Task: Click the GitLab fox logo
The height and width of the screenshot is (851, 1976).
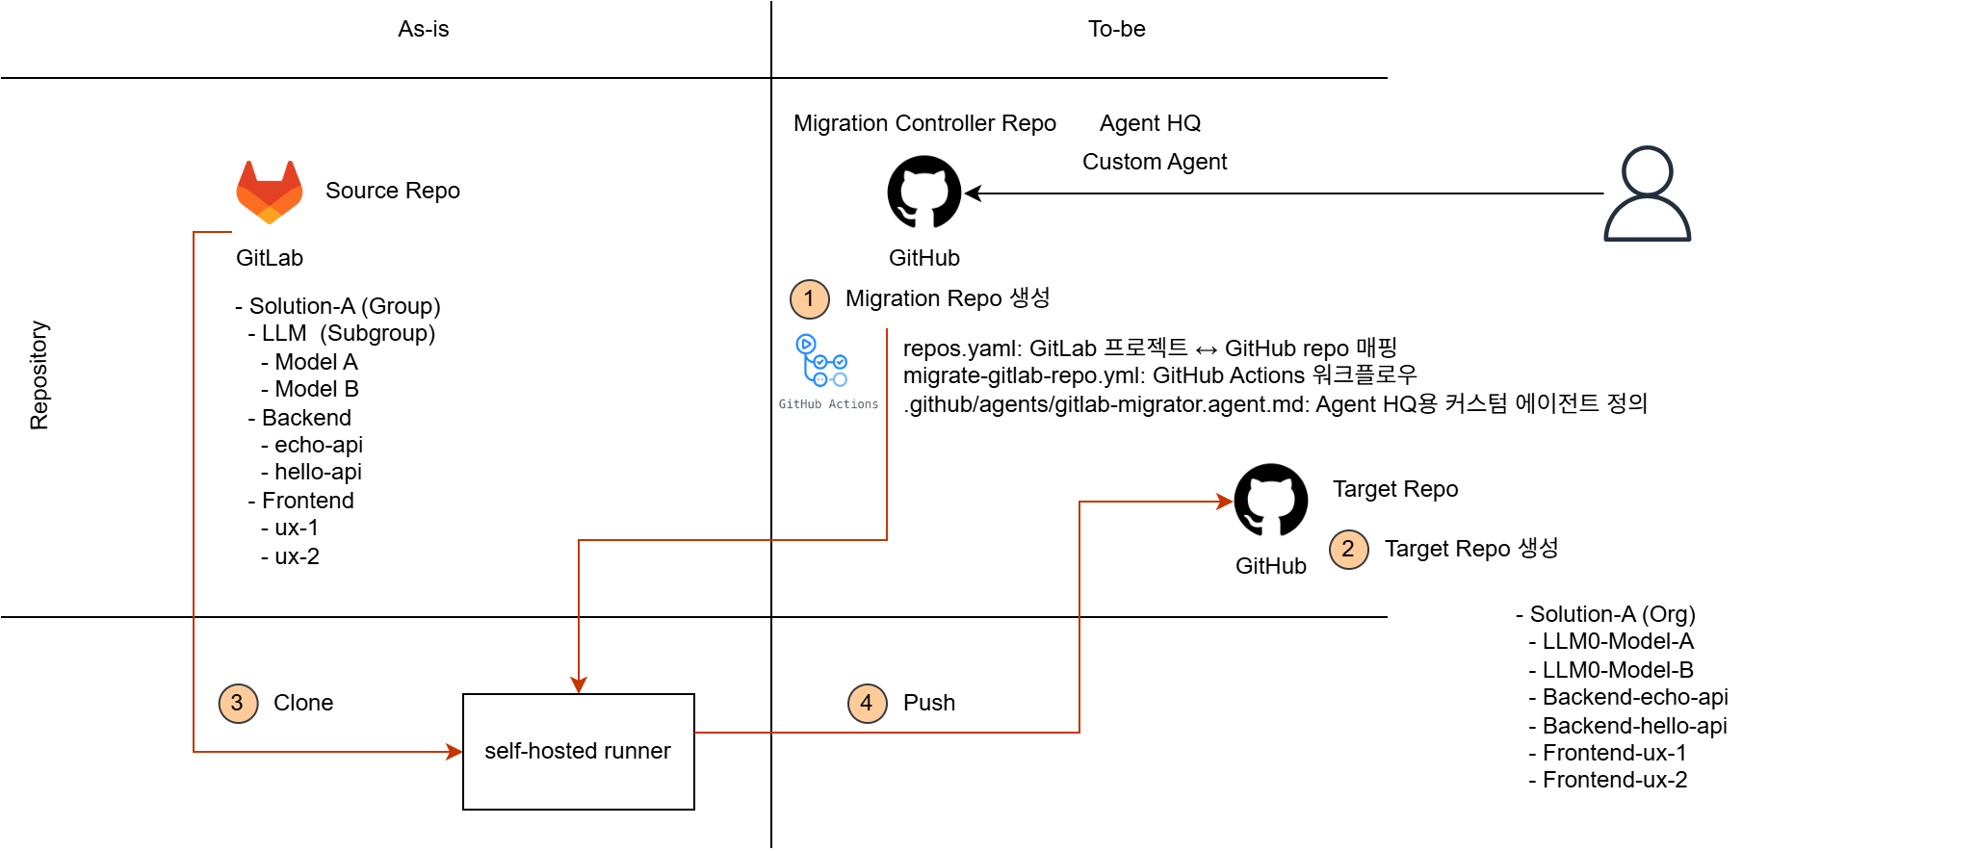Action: coord(270,192)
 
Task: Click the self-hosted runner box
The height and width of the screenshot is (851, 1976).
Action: coord(578,751)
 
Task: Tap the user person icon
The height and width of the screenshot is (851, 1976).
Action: coord(1647,193)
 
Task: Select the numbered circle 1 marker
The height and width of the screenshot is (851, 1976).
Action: coord(810,299)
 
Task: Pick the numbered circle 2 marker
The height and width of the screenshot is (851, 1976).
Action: coord(1348,550)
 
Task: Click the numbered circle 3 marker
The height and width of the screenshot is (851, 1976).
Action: coord(238,704)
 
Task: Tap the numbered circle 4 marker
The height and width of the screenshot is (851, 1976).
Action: coord(867,704)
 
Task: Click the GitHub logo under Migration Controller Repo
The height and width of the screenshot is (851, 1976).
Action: coord(924,193)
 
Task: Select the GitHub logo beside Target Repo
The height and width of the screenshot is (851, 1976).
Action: coord(1271,501)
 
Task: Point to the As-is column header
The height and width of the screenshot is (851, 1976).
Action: coord(424,29)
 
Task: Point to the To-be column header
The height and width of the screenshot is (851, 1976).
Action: coord(1116,29)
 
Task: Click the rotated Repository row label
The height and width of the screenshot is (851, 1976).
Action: coord(39,375)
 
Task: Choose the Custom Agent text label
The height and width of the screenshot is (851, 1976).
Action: coord(1154,162)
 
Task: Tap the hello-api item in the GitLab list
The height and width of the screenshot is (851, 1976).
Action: coord(318,472)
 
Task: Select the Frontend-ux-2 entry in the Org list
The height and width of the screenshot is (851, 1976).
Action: coord(1614,780)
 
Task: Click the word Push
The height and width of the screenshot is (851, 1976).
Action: coord(928,703)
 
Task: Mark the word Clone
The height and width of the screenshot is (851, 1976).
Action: coord(303,703)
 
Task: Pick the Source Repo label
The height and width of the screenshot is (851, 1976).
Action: coord(392,191)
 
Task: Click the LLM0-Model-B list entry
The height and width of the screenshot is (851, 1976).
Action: coord(1617,670)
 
